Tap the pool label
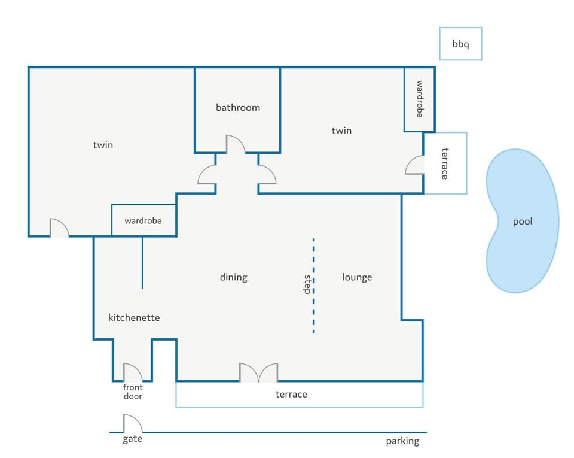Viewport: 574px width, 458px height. click(523, 222)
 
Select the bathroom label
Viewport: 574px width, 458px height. click(238, 107)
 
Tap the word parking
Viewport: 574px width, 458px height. click(402, 441)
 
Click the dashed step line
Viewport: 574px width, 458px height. click(313, 286)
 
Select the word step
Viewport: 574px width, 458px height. click(307, 284)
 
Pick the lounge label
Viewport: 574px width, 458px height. click(357, 277)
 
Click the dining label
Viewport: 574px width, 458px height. click(234, 277)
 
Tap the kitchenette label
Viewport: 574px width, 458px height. click(134, 318)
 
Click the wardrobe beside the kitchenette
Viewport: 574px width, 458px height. click(143, 220)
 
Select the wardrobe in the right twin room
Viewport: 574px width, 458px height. click(420, 99)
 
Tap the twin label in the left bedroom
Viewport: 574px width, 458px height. click(103, 145)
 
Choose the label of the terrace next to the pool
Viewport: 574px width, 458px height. click(445, 163)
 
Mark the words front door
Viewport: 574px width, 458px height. click(133, 392)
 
